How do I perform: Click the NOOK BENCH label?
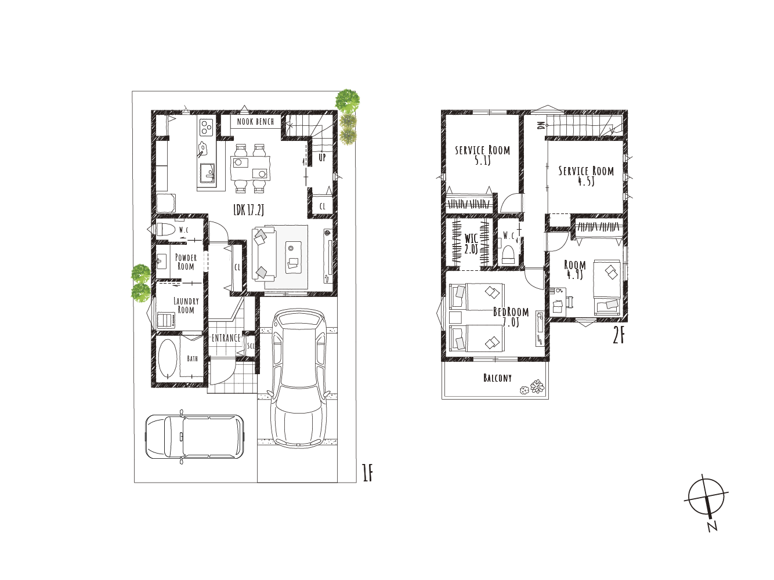click(x=255, y=122)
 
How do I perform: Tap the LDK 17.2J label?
click(x=248, y=211)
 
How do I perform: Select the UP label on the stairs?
click(x=322, y=158)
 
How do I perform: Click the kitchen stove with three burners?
click(x=207, y=127)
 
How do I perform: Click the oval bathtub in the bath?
click(x=168, y=359)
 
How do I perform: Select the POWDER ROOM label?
click(x=186, y=262)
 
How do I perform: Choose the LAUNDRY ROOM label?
click(x=186, y=306)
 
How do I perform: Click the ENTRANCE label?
click(x=226, y=338)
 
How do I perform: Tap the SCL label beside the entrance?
click(x=251, y=346)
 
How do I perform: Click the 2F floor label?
click(x=619, y=337)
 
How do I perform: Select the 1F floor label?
click(x=368, y=473)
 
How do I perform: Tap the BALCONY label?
click(x=497, y=378)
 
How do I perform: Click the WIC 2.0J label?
click(x=471, y=244)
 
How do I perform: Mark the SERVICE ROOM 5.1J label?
click(x=482, y=155)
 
